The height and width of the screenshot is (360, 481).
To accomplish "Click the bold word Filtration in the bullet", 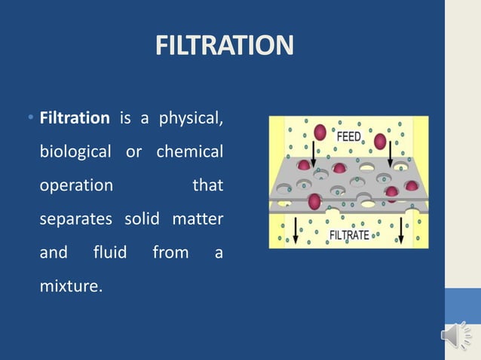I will coord(75,118).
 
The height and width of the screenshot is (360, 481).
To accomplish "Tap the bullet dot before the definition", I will coord(28,118).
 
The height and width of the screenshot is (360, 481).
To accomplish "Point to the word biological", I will coord(75,151).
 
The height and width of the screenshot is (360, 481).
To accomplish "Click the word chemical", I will coord(189,151).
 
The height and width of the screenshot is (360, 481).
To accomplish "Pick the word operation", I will coord(76,185).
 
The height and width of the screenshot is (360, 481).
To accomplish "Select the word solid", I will coord(143,218).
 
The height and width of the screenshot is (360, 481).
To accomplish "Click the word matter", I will coord(198,218).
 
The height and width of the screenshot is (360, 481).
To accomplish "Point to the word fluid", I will coord(109,252).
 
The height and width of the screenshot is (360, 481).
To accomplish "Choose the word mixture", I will coord(69,285).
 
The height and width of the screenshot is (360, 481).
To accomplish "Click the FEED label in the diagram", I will coord(348,137).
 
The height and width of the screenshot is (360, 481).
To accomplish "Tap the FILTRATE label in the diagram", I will coord(349,235).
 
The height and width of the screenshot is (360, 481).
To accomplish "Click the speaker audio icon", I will coord(455,335).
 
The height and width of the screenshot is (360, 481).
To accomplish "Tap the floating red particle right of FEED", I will coord(380,142).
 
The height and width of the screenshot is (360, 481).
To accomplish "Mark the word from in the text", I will coord(170,252).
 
